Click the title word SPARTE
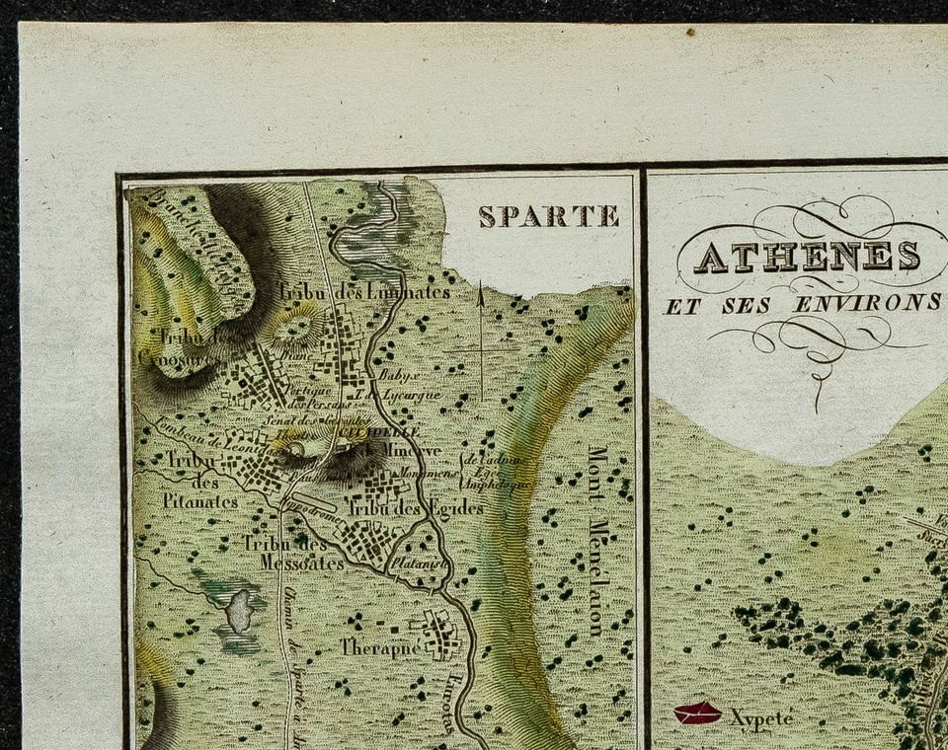[549, 216]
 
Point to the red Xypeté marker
[697, 713]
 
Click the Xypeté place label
[762, 717]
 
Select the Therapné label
[380, 647]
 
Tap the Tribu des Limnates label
[363, 292]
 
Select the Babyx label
[403, 376]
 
